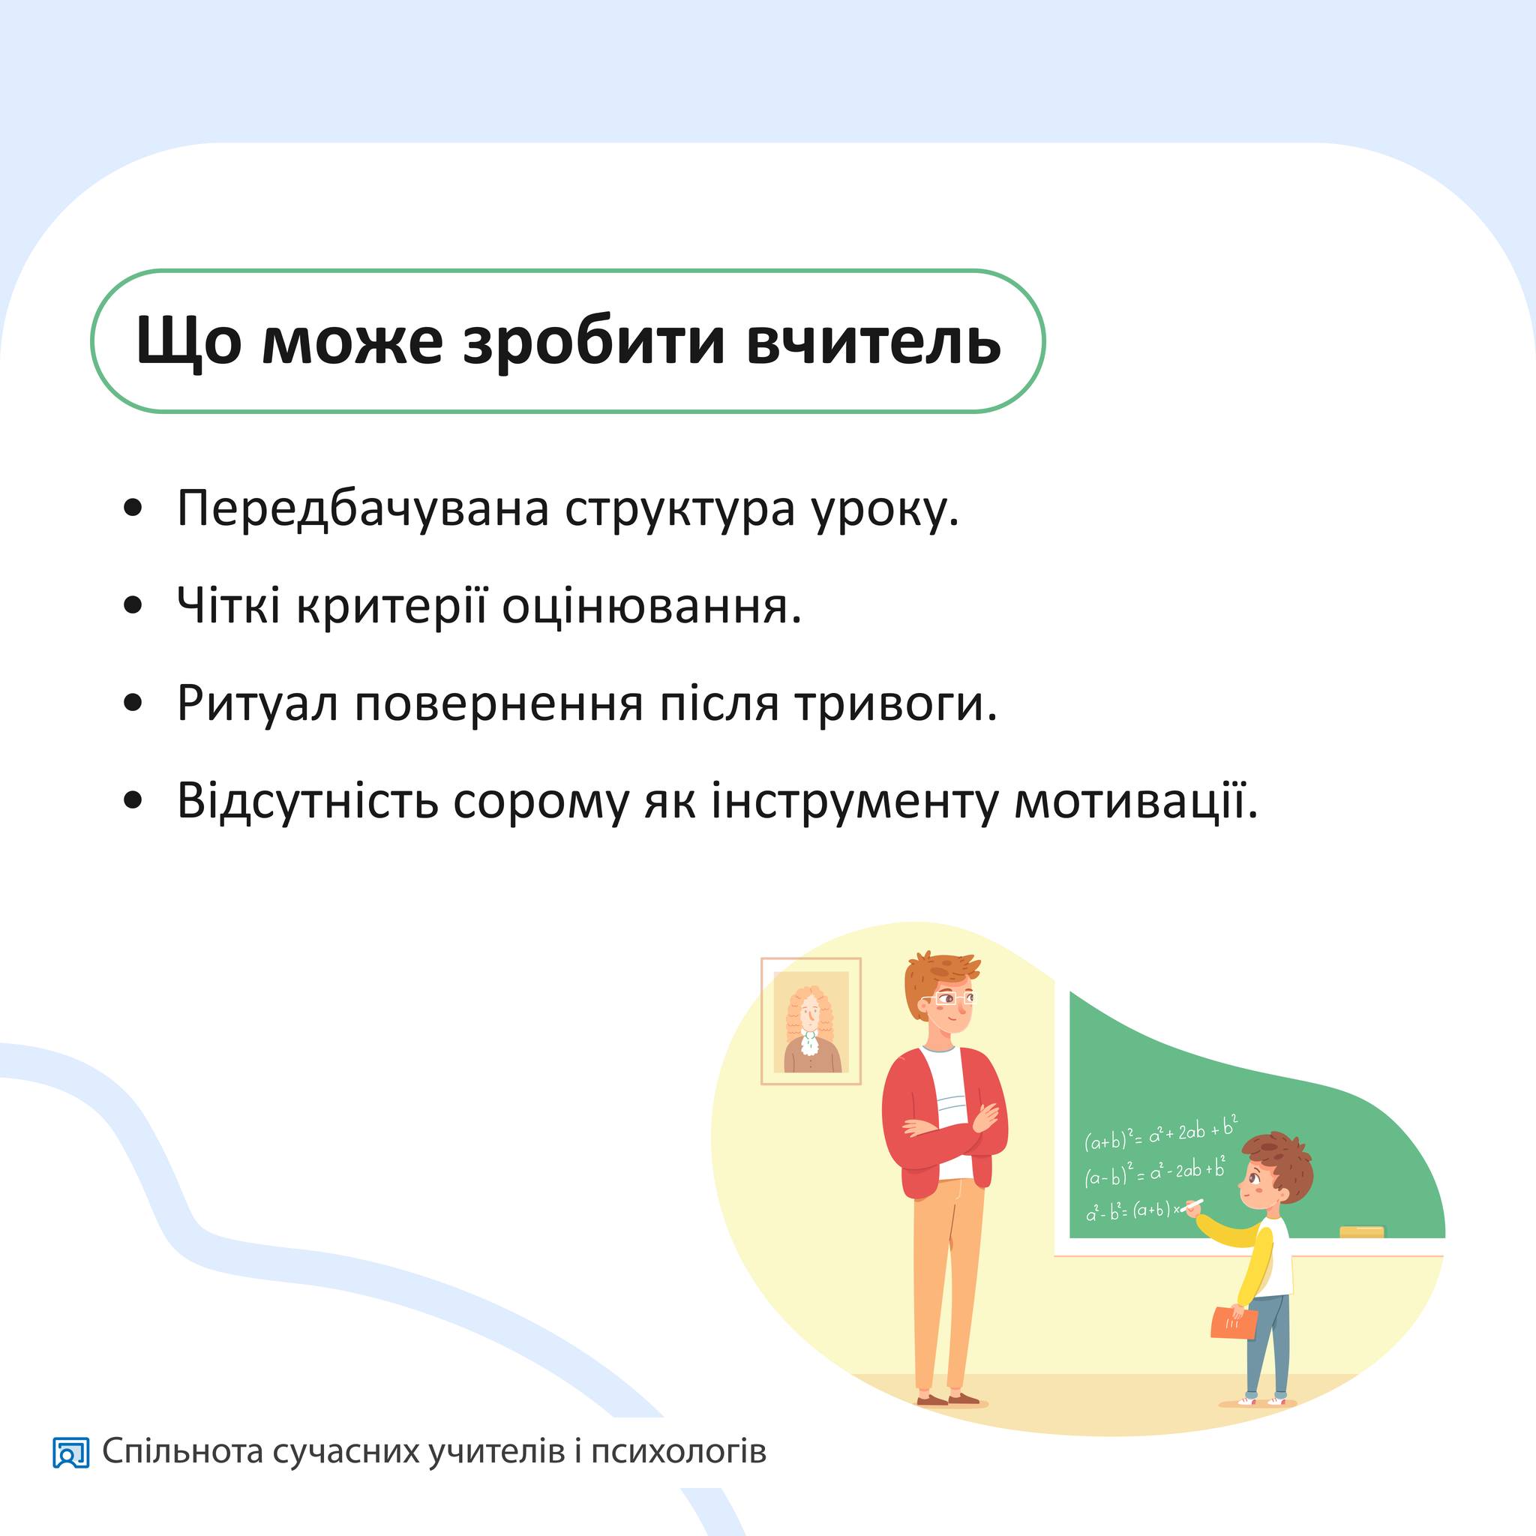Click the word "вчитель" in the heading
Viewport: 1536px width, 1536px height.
tap(873, 341)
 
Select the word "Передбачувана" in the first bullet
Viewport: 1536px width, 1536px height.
tap(362, 508)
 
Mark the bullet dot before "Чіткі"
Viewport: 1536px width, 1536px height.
tap(133, 606)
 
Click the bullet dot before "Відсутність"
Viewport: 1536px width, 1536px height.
tap(133, 800)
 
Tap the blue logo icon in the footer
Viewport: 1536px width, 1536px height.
tap(70, 1453)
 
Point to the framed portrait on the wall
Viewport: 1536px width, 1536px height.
tap(811, 1021)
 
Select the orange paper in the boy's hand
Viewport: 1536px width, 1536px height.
tap(1234, 1322)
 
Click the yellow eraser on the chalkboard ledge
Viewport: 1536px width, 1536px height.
tap(1362, 1231)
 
